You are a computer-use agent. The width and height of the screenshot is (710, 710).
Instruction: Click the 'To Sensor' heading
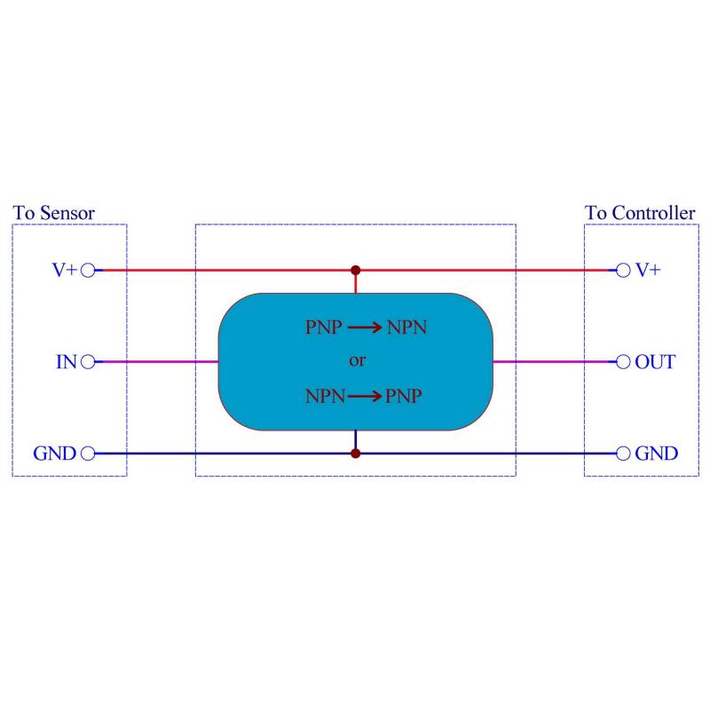click(54, 213)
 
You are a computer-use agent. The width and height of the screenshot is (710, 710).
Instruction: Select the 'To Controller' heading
click(640, 213)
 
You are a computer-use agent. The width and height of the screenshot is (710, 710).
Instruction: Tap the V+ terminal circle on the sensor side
click(87, 271)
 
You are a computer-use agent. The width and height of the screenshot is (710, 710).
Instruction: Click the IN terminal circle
click(87, 362)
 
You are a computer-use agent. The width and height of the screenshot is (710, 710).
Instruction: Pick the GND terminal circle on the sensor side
click(87, 454)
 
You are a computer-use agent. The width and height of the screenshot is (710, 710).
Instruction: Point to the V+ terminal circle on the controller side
click(624, 271)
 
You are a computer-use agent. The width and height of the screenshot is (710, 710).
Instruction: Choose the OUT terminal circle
click(624, 362)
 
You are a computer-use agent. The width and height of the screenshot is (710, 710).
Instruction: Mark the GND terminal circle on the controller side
click(624, 454)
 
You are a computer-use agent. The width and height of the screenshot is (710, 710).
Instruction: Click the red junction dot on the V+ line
click(356, 270)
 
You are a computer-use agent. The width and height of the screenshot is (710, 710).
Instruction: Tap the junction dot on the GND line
click(356, 454)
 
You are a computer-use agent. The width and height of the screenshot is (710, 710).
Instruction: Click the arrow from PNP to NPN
click(365, 327)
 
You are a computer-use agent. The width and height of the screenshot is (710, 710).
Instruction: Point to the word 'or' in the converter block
click(356, 361)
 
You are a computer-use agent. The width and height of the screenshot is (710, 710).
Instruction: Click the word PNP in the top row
click(323, 327)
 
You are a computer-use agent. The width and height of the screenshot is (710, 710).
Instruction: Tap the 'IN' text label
click(67, 362)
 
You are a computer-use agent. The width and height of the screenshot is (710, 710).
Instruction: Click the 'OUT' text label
click(655, 362)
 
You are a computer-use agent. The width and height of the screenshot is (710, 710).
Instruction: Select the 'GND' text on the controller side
click(657, 454)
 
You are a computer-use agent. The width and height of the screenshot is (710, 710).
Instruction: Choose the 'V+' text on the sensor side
click(64, 271)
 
